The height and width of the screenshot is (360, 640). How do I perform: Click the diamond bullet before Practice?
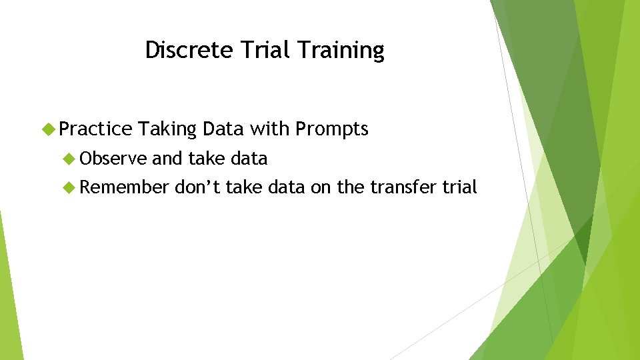[x=48, y=129]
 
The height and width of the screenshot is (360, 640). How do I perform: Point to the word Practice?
[x=96, y=129]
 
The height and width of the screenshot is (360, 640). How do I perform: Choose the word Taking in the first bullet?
[x=169, y=129]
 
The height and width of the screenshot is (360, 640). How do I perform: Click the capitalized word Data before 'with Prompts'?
[x=224, y=129]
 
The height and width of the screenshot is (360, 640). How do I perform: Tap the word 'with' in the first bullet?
[x=269, y=129]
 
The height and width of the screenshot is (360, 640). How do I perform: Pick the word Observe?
[x=114, y=159]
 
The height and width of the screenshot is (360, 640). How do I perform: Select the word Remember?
[x=125, y=188]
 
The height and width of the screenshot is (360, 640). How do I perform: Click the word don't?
[x=197, y=188]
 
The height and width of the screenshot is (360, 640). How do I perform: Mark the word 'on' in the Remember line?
[x=321, y=188]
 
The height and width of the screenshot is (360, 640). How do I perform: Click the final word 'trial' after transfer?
[x=459, y=188]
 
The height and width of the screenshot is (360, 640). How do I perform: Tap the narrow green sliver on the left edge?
[x=9, y=293]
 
